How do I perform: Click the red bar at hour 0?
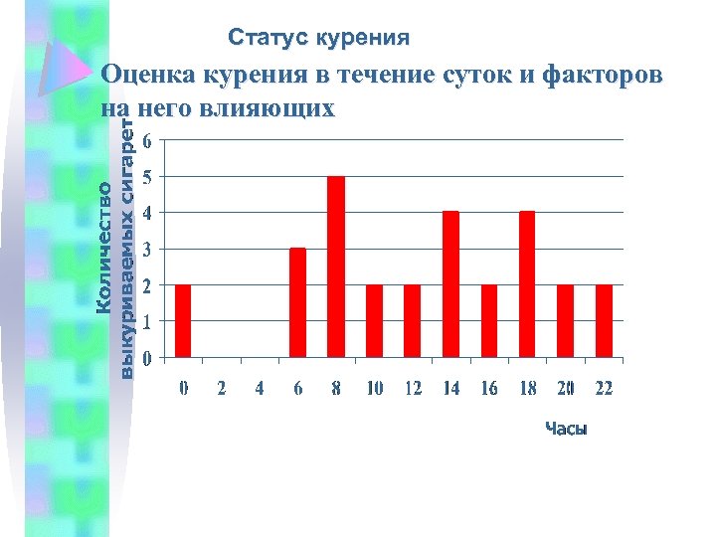pyautogui.click(x=183, y=320)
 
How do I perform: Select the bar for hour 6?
pyautogui.click(x=297, y=302)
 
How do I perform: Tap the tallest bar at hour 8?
pyautogui.click(x=336, y=267)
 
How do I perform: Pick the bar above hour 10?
pyautogui.click(x=374, y=320)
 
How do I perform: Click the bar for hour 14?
pyautogui.click(x=450, y=284)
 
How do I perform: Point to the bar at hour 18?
pyautogui.click(x=527, y=284)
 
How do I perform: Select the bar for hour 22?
pyautogui.click(x=604, y=320)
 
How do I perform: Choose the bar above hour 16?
pyautogui.click(x=489, y=320)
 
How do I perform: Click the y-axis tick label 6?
pyautogui.click(x=147, y=141)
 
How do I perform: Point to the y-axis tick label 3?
pyautogui.click(x=147, y=250)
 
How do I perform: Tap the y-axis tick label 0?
pyautogui.click(x=147, y=358)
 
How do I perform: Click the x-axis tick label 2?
pyautogui.click(x=222, y=389)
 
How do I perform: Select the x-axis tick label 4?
pyautogui.click(x=260, y=389)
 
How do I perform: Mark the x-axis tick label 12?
pyautogui.click(x=413, y=389)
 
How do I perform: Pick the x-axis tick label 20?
pyautogui.click(x=565, y=389)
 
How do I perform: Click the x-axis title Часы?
pyautogui.click(x=566, y=429)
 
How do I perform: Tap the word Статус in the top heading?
pyautogui.click(x=268, y=38)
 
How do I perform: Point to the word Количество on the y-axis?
pyautogui.click(x=103, y=244)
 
